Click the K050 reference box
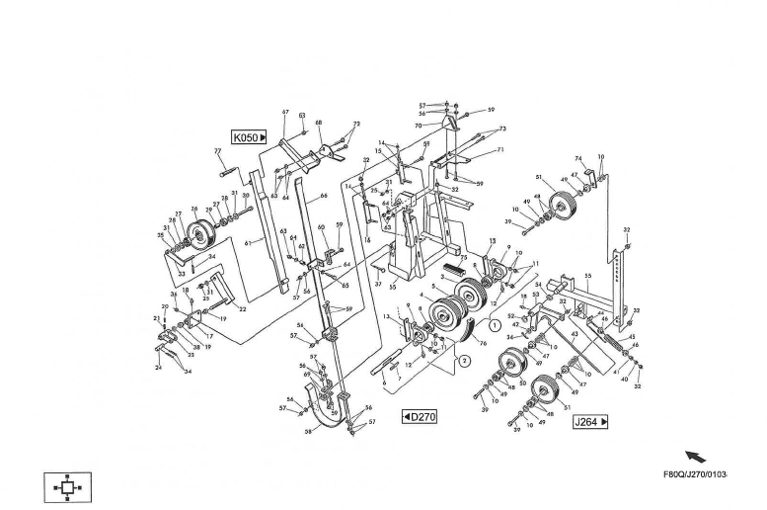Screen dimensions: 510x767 click(x=250, y=137)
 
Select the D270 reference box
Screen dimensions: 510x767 click(x=420, y=416)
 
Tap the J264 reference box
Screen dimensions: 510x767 click(x=590, y=422)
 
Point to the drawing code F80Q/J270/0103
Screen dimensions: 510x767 click(x=695, y=474)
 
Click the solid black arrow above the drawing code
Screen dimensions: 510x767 click(x=696, y=457)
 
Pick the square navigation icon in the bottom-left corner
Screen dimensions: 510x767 click(x=67, y=487)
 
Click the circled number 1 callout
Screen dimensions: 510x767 click(x=494, y=324)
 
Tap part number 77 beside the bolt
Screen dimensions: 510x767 click(x=217, y=151)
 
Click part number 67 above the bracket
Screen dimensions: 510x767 click(x=284, y=113)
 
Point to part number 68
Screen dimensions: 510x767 click(x=318, y=124)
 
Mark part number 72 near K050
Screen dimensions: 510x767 click(x=356, y=124)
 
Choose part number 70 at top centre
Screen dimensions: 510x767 click(x=419, y=126)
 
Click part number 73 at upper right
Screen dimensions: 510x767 click(x=502, y=128)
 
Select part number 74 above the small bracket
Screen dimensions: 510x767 click(x=579, y=158)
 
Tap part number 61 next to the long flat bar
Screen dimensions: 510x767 click(x=248, y=242)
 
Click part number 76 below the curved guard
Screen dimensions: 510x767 click(x=483, y=343)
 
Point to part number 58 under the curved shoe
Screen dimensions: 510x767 click(x=308, y=432)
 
